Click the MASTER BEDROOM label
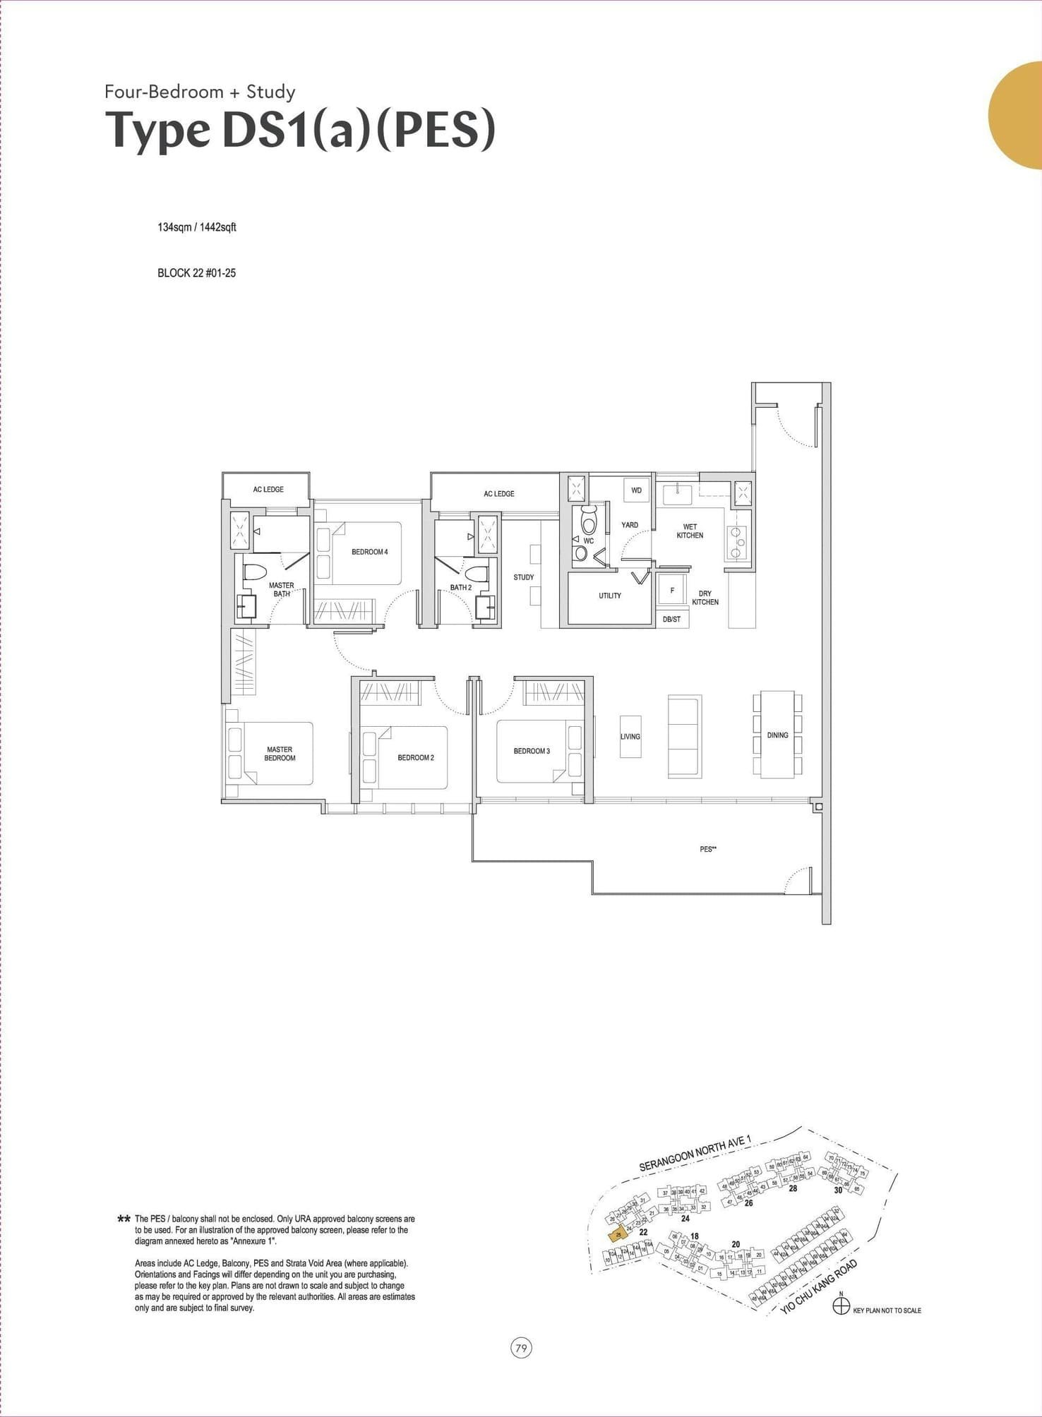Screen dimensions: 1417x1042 point(280,754)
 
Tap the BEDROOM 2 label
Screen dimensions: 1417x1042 point(416,758)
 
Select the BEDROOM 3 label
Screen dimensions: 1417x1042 point(532,751)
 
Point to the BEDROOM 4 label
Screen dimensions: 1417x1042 point(370,552)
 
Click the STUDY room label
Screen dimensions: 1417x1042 point(524,577)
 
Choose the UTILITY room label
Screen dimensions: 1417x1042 point(610,596)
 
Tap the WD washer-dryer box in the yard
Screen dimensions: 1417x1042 point(636,490)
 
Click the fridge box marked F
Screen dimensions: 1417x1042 point(672,590)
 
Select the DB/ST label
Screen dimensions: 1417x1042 point(672,619)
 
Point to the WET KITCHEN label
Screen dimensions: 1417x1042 point(690,531)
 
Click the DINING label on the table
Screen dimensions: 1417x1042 point(777,735)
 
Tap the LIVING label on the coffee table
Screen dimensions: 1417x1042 point(630,736)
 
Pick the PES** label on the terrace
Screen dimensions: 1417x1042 point(708,849)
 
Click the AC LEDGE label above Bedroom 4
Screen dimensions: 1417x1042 point(499,494)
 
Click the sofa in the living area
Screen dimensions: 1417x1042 point(685,736)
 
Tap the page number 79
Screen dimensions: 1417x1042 point(521,1348)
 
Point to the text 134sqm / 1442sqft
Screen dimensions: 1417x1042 point(197,227)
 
